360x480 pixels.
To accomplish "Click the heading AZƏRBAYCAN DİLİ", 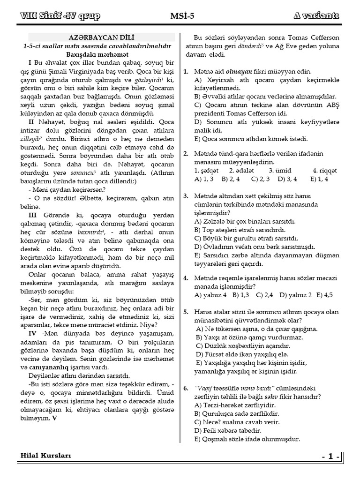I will pyautogui.click(x=102, y=37).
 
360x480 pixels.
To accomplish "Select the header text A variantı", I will pyautogui.click(x=316, y=16).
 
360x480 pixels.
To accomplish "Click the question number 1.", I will pyautogui.click(x=186, y=72).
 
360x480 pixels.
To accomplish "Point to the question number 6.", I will pyautogui.click(x=186, y=389).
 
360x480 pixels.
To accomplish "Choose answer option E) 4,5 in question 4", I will pyautogui.click(x=324, y=295).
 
